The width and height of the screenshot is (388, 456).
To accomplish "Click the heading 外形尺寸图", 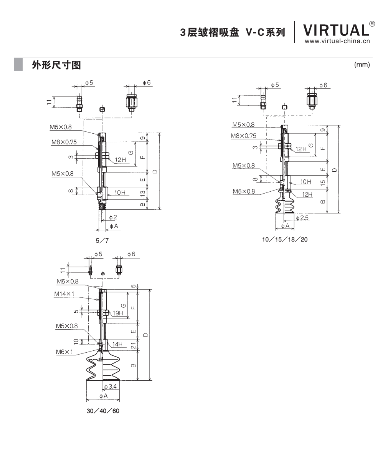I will coord(56,65).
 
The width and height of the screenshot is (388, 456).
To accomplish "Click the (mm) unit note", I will coord(362,65).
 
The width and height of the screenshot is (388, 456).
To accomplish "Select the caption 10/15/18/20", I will coord(284,239).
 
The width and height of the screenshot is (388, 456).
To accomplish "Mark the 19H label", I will coord(118,313).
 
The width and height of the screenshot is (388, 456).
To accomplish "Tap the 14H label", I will coord(117,345).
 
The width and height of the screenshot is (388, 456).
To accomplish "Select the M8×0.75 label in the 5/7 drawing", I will coord(64,142).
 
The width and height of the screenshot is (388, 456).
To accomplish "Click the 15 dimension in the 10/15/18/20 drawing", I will coord(323,182).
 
